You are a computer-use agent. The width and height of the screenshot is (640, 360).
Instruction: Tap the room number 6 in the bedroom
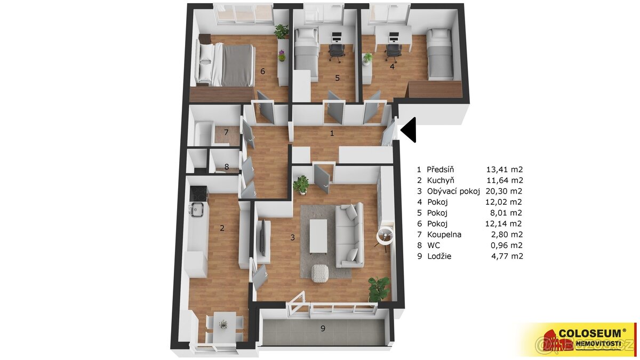[262, 71]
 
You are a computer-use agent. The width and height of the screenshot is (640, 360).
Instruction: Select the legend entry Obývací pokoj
[453, 191]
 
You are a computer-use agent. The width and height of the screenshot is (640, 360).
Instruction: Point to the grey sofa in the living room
[350, 235]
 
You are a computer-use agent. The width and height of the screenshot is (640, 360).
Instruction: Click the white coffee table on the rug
[319, 236]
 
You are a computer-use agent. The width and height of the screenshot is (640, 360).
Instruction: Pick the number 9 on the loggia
[323, 329]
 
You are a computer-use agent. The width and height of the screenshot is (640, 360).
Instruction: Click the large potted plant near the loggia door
[379, 289]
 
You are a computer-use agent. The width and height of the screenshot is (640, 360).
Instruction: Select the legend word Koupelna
[444, 234]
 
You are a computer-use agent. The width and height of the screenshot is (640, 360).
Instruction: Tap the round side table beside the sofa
[385, 235]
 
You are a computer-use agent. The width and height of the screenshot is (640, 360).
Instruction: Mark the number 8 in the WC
[227, 167]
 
